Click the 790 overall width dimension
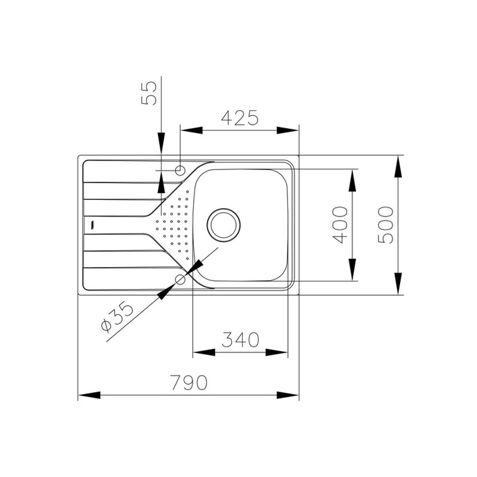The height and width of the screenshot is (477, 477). [189, 383]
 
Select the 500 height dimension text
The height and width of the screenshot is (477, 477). [385, 225]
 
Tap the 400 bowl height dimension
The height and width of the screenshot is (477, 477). [340, 225]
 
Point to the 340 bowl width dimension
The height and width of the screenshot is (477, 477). [240, 340]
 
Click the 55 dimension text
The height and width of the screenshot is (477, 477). [149, 93]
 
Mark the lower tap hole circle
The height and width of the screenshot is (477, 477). [180, 279]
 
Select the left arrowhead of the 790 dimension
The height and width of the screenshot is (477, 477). [89, 395]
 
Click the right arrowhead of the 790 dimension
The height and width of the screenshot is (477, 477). [288, 395]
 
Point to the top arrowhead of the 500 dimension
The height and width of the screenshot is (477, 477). [398, 166]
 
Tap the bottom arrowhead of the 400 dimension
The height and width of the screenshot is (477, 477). [352, 269]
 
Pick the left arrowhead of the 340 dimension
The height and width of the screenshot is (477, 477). [204, 352]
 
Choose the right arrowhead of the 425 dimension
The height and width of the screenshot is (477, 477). [288, 130]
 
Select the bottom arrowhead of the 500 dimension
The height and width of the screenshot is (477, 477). [398, 284]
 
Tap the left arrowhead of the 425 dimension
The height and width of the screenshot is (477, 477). [191, 130]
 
